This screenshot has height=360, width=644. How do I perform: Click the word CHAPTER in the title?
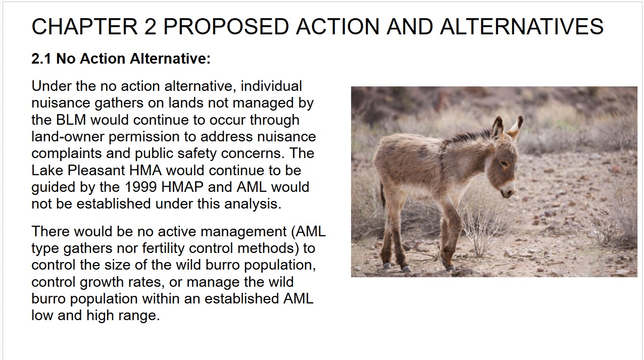pos(84,26)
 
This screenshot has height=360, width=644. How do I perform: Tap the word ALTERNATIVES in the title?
pos(522,26)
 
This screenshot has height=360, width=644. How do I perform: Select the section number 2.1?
pos(41,59)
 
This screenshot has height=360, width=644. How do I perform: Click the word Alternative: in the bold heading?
pos(170,59)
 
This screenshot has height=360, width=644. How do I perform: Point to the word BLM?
pos(71,120)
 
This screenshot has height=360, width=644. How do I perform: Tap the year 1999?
pos(141,187)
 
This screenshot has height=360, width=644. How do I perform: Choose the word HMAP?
pos(182,187)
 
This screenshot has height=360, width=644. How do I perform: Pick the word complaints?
pos(66,153)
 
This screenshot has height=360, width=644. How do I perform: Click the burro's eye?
pos(504,164)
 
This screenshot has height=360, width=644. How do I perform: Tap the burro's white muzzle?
pos(507,190)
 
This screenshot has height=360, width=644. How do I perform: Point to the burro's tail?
pos(383,195)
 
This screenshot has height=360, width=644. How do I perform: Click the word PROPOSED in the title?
pos(226,26)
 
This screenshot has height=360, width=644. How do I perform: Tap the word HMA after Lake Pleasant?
pos(145,170)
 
